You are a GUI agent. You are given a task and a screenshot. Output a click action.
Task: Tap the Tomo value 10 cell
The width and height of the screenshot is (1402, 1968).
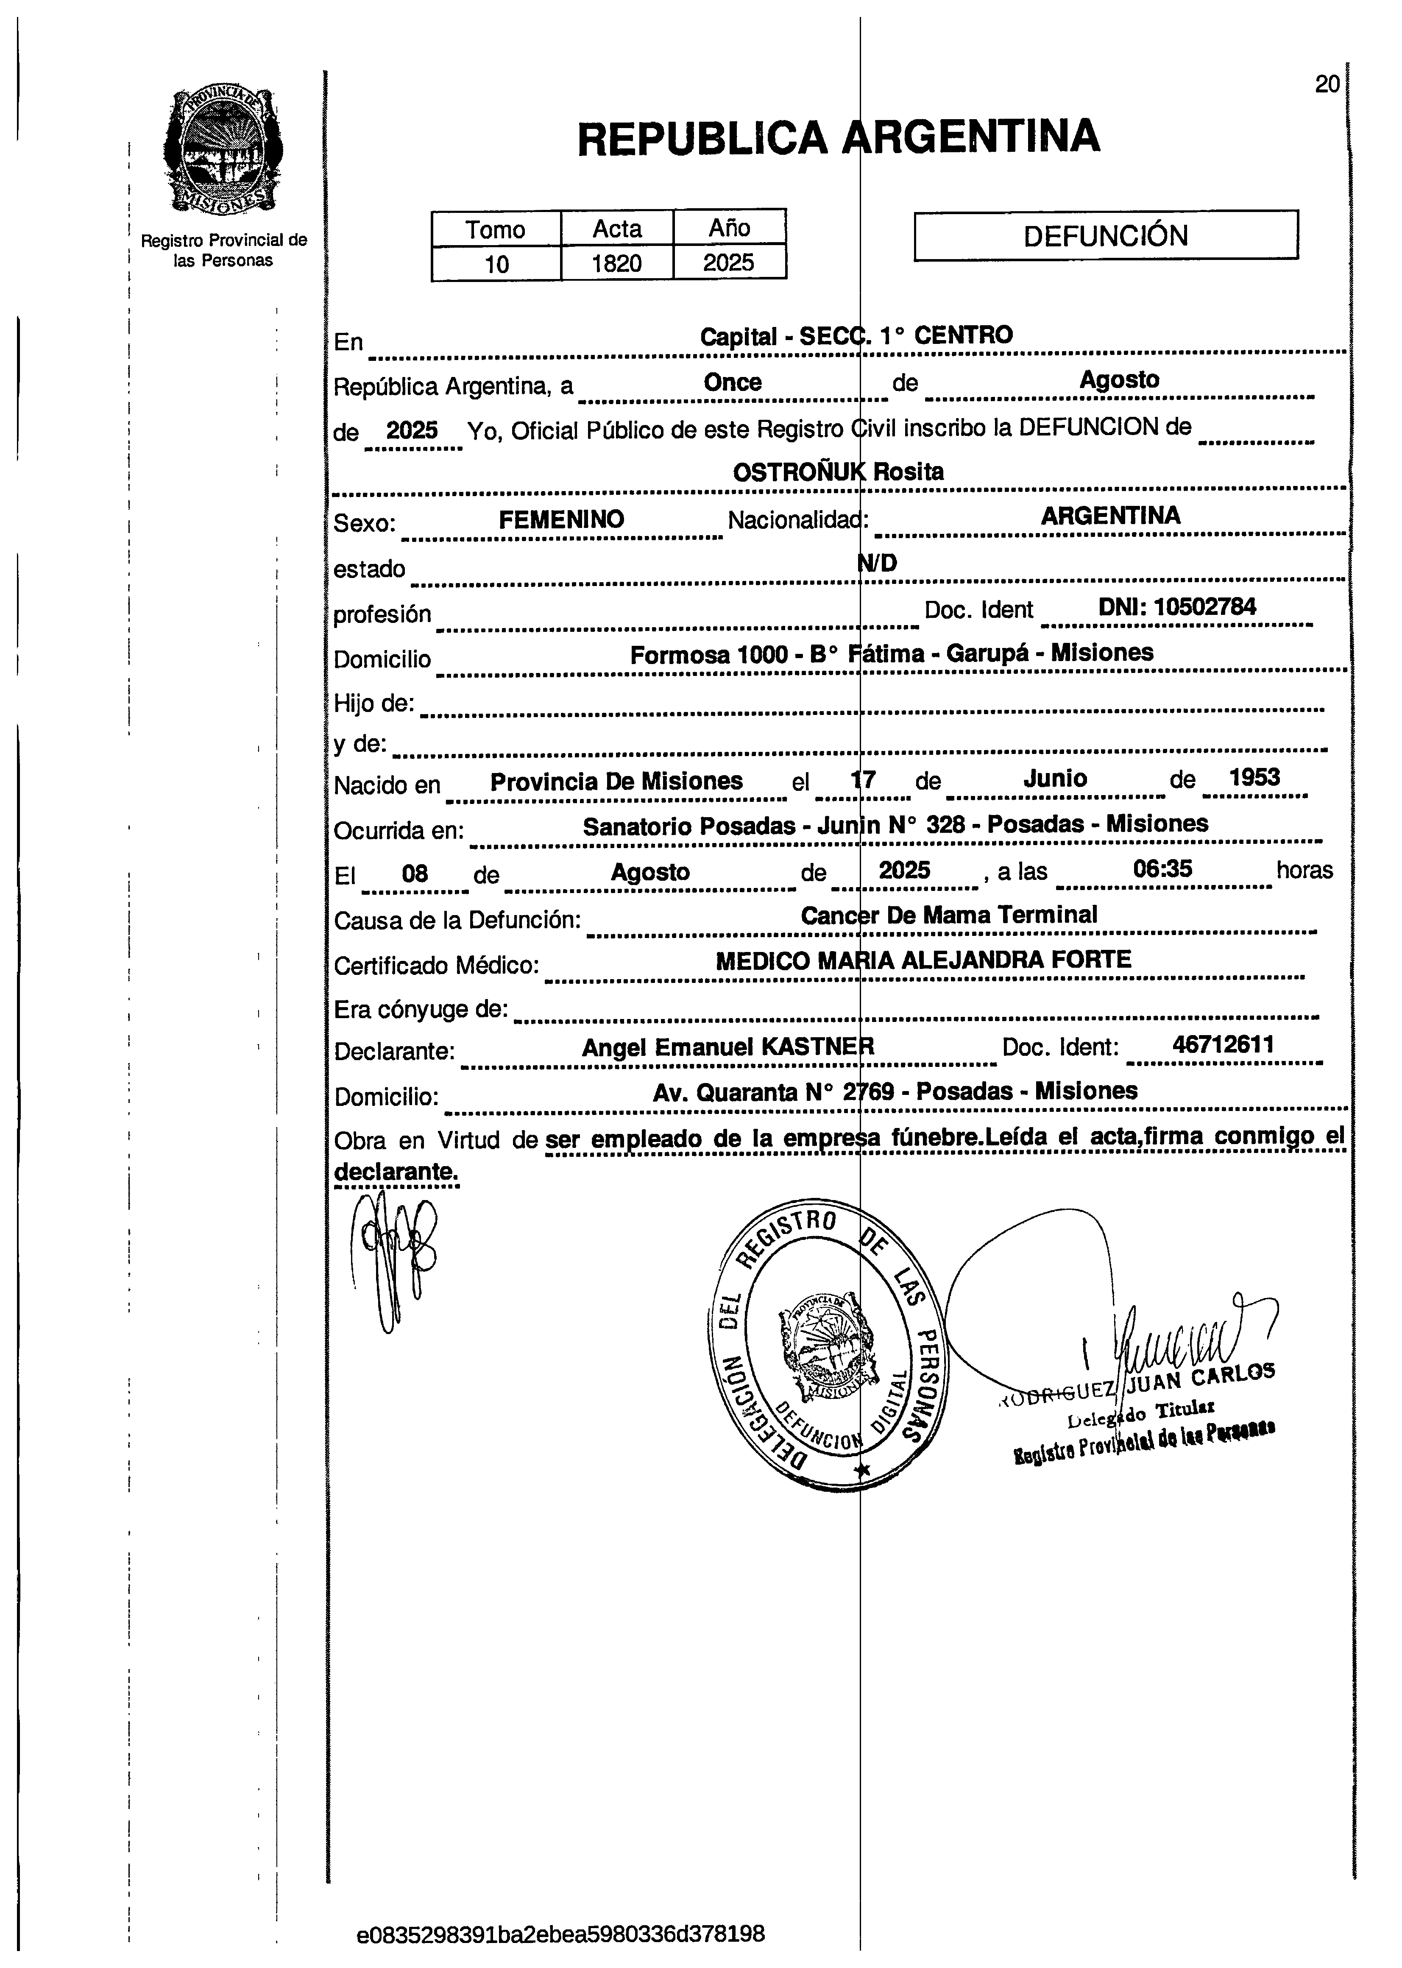496,263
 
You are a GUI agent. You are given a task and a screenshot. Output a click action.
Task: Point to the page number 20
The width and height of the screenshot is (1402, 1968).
1327,85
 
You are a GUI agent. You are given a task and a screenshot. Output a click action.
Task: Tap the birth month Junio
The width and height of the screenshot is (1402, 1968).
1055,779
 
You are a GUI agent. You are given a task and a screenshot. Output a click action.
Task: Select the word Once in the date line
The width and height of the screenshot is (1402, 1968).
732,382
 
